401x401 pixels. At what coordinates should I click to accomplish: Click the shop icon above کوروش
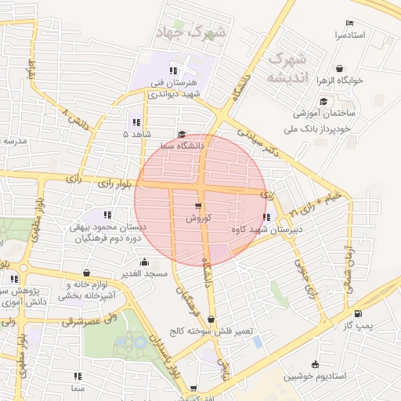(198, 207)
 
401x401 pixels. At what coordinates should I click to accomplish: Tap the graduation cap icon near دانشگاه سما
(182, 134)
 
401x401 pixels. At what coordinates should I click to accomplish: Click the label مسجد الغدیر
(145, 274)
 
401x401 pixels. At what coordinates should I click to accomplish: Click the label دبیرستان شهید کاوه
(266, 229)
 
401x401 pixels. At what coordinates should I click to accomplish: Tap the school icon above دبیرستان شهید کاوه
(266, 218)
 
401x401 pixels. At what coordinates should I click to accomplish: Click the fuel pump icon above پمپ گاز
(359, 314)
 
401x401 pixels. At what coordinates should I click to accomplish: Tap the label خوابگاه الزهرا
(366, 81)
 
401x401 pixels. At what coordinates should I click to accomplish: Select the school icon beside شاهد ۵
(136, 122)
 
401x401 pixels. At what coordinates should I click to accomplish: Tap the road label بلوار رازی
(115, 185)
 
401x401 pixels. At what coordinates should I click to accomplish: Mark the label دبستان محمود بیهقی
(108, 226)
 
